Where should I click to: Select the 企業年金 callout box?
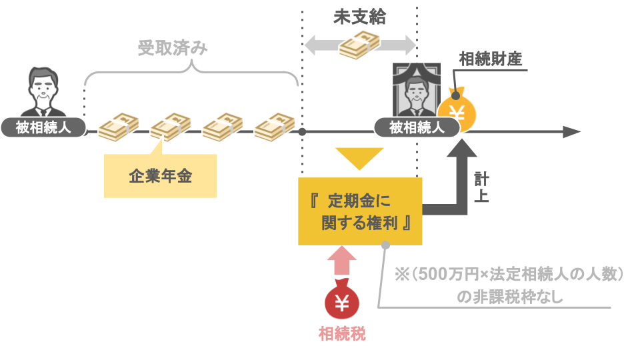[160, 176]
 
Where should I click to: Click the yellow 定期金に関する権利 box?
[360, 211]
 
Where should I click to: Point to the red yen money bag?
[342, 302]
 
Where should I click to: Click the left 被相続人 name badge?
[44, 127]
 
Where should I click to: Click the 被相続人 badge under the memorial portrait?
[417, 127]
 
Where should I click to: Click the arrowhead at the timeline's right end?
[570, 131]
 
